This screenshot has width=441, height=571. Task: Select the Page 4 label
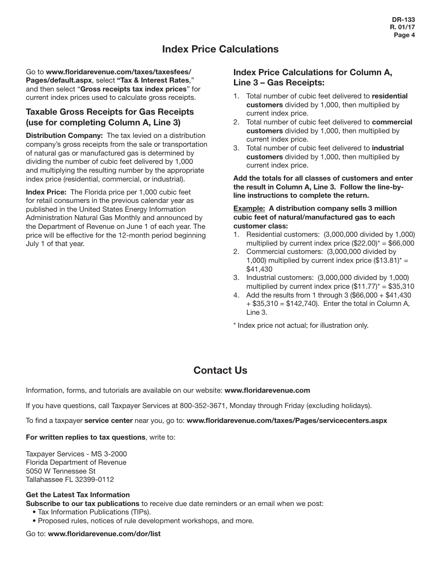click(404, 35)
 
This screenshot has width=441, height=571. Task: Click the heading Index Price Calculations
click(220, 49)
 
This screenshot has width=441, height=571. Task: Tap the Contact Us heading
click(220, 370)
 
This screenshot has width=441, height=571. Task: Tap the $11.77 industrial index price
click(363, 286)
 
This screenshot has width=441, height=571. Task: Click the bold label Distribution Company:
click(64, 136)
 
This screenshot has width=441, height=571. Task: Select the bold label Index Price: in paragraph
click(46, 192)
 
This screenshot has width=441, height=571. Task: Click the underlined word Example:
click(249, 208)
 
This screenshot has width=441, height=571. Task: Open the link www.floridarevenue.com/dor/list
click(104, 534)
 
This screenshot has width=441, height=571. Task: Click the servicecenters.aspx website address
click(286, 421)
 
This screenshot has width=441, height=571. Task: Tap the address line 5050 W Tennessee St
click(60, 471)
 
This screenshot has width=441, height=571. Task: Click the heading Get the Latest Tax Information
click(78, 495)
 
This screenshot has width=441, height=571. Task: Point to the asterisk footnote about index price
click(300, 325)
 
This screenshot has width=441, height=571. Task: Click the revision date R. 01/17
click(402, 27)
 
